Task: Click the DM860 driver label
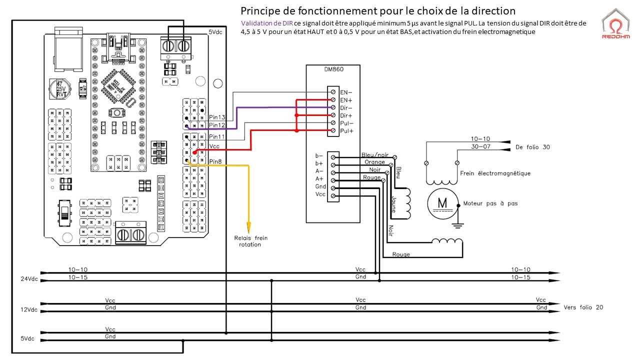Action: click(x=333, y=69)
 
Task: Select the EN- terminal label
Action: click(x=346, y=92)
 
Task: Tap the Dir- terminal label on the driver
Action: click(x=346, y=108)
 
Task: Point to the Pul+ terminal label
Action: click(x=346, y=131)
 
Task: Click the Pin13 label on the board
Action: click(x=217, y=117)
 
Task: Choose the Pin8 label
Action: click(x=215, y=161)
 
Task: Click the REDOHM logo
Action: click(x=615, y=24)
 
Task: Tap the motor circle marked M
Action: click(x=442, y=203)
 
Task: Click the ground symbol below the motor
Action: click(x=457, y=225)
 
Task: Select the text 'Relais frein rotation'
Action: click(x=250, y=241)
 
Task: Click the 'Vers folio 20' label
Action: click(x=583, y=307)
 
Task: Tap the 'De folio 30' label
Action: click(x=532, y=147)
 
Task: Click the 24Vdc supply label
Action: click(x=29, y=279)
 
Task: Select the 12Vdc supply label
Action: click(x=29, y=309)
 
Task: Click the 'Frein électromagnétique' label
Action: click(x=495, y=173)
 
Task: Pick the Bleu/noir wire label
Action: click(x=375, y=155)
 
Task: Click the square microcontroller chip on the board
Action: click(x=118, y=86)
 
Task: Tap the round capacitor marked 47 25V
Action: click(x=59, y=89)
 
